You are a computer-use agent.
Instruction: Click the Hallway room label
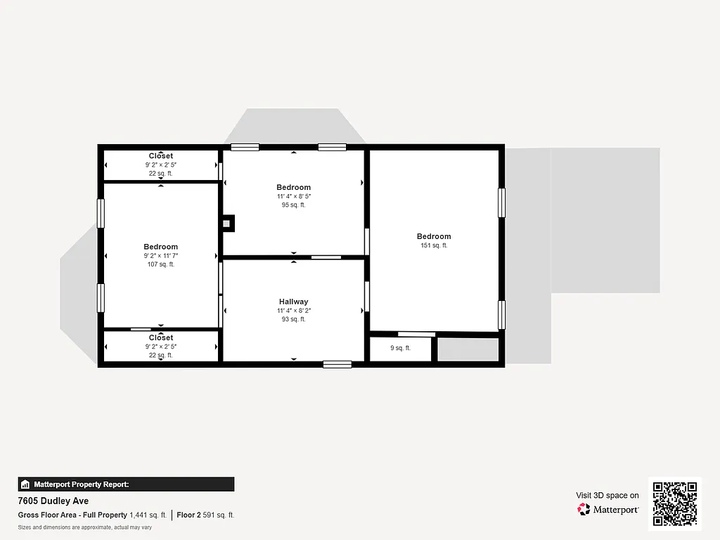pyautogui.click(x=293, y=302)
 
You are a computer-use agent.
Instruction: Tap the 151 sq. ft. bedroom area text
pyautogui.click(x=433, y=245)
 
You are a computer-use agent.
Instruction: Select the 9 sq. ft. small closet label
pyautogui.click(x=400, y=348)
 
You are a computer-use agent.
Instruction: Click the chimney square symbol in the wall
pyautogui.click(x=227, y=224)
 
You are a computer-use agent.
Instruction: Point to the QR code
pyautogui.click(x=675, y=503)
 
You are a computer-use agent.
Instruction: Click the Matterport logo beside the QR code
pyautogui.click(x=608, y=509)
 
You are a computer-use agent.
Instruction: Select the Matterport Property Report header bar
pyautogui.click(x=126, y=484)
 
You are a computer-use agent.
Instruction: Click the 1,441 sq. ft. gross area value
pyautogui.click(x=148, y=515)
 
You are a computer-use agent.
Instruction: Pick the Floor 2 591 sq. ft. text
pyautogui.click(x=205, y=515)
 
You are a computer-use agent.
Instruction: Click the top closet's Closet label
pyautogui.click(x=160, y=156)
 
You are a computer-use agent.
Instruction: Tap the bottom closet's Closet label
pyautogui.click(x=160, y=338)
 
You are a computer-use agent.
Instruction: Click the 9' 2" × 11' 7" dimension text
pyautogui.click(x=160, y=256)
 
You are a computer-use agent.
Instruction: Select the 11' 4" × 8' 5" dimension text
pyautogui.click(x=293, y=197)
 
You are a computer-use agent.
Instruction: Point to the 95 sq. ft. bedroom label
pyautogui.click(x=293, y=205)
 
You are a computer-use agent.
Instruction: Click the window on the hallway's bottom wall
pyautogui.click(x=337, y=364)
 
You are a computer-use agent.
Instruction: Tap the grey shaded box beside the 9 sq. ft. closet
pyautogui.click(x=468, y=349)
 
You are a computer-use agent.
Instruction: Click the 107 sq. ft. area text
pyautogui.click(x=160, y=264)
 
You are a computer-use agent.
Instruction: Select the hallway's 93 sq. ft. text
pyautogui.click(x=293, y=319)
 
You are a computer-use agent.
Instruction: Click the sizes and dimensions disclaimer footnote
pyautogui.click(x=85, y=527)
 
